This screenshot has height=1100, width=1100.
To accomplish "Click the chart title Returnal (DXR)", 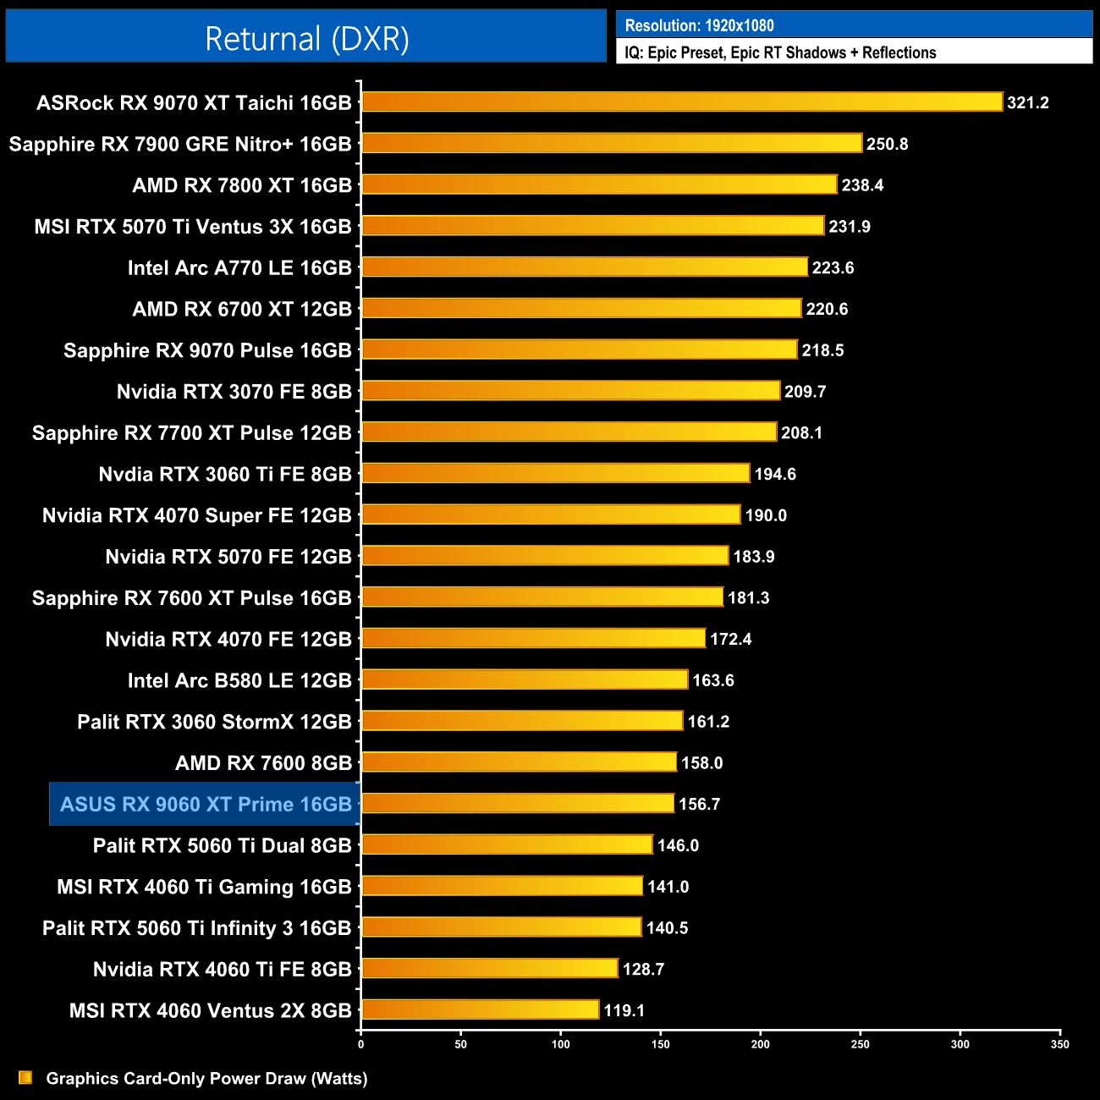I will point(306,39).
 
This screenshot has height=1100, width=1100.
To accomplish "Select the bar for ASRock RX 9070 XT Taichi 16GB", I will point(682,102).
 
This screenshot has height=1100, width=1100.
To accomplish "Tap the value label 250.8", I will point(887,144).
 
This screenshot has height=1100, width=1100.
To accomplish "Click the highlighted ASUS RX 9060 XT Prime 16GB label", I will point(206,804).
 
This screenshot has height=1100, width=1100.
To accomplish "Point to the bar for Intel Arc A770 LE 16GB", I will point(585,267).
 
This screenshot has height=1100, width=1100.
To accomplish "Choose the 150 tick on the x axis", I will point(660,1044).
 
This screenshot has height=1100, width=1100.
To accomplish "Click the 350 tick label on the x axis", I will point(1059,1044).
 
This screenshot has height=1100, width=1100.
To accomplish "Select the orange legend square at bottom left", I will point(25,1077).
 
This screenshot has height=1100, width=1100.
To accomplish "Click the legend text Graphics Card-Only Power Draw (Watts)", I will point(206,1078).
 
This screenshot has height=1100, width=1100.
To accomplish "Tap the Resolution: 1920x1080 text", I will point(699,25).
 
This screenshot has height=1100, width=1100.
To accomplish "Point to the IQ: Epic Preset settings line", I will point(780,52).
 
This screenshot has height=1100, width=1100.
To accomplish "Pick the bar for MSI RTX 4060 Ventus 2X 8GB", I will point(481,1009).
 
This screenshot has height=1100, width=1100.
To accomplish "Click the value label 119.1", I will point(624,1010).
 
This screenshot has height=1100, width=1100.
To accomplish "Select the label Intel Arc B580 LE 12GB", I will point(239,680).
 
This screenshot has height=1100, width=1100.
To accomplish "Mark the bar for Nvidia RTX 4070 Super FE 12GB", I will point(551,514).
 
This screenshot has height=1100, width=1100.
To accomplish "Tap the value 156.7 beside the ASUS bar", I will point(699,804).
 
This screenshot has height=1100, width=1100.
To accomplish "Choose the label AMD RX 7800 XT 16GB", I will point(242,185).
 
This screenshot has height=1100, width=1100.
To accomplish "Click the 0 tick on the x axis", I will point(361,1044).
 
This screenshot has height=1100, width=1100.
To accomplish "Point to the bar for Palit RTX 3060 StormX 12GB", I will point(522,721).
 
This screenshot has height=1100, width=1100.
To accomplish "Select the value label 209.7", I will point(805,392).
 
